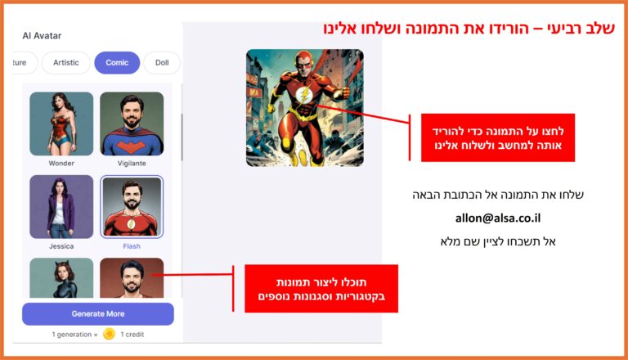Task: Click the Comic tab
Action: [117, 62]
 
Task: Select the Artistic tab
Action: [66, 62]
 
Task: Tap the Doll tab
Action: [162, 62]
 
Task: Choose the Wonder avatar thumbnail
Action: [61, 124]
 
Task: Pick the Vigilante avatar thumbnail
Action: [132, 124]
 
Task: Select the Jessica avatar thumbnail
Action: [61, 206]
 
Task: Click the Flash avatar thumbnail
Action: [132, 206]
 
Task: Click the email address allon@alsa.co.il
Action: [498, 218]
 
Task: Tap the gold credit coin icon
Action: [109, 334]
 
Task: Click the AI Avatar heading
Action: [42, 36]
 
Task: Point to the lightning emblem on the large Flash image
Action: [304, 96]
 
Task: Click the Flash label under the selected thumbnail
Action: [132, 246]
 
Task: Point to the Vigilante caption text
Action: [132, 163]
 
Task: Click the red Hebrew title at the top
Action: [469, 29]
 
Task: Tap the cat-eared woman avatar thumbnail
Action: [61, 278]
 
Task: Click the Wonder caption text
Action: [61, 163]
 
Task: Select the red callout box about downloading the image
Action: [498, 137]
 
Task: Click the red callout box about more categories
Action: [321, 289]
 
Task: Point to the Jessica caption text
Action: [61, 246]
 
